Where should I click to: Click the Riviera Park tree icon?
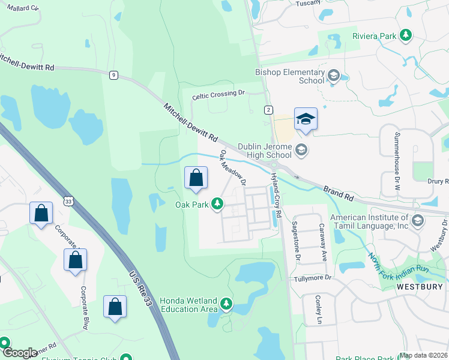click(x=406, y=35)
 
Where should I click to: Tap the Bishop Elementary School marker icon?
click(x=334, y=76)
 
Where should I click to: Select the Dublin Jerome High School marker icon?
click(x=302, y=150)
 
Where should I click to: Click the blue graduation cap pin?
click(x=306, y=119)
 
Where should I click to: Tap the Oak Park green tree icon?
click(x=217, y=205)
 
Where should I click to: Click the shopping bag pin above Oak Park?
click(x=196, y=178)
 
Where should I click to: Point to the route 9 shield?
click(x=113, y=75)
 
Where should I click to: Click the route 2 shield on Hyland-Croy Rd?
click(x=268, y=109)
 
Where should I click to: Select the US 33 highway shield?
click(x=69, y=202)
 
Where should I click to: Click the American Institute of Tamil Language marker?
click(x=417, y=221)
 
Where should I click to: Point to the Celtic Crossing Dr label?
click(x=219, y=94)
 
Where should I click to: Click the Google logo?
click(x=20, y=353)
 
